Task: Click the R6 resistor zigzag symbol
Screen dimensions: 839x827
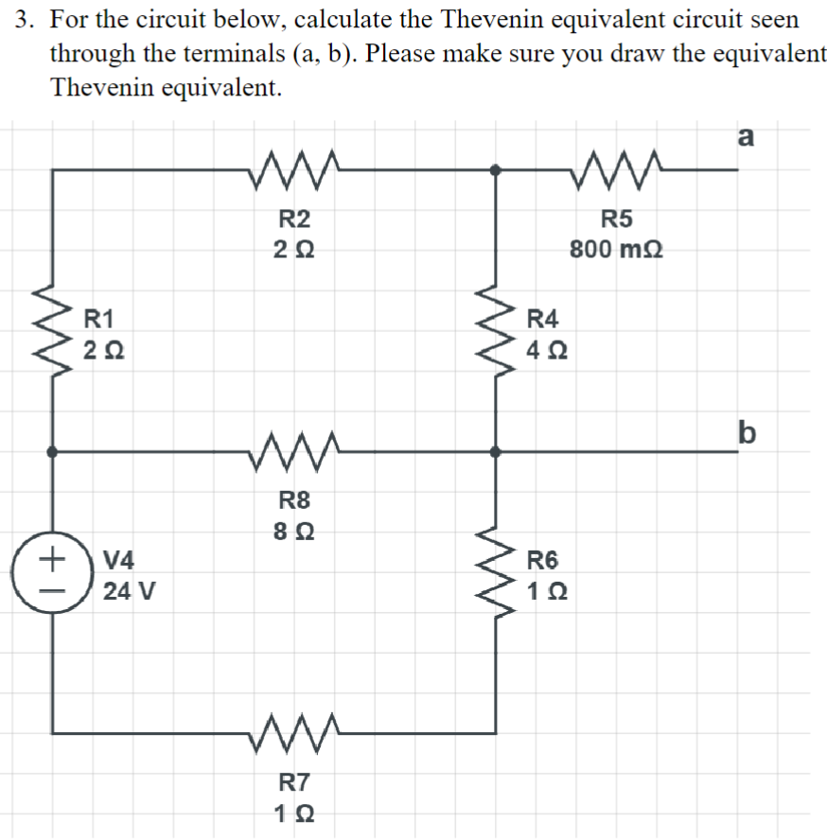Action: coord(494,576)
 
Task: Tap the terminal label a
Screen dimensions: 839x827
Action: coord(745,136)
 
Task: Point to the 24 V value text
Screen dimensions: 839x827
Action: coord(130,593)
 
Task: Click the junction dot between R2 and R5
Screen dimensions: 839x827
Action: coord(494,169)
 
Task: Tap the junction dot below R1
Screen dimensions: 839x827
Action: coord(53,453)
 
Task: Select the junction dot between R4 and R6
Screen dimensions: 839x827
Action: coord(494,453)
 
